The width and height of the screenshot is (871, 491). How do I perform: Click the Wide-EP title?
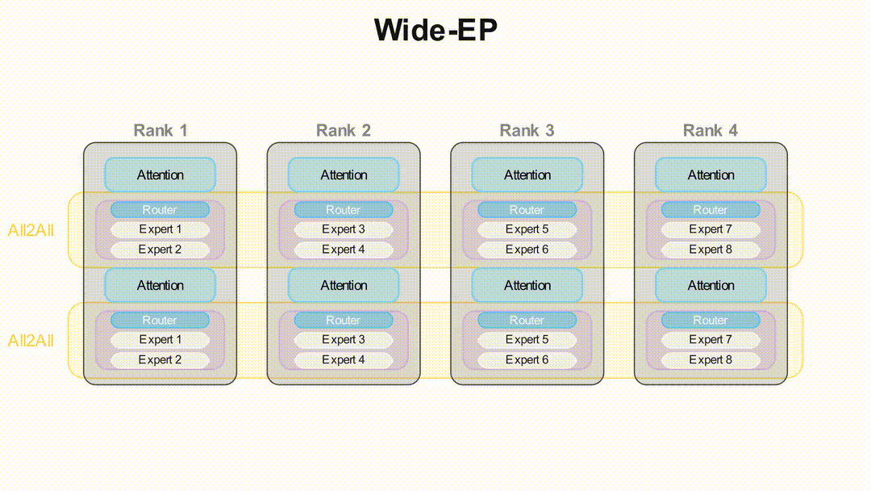pos(435,31)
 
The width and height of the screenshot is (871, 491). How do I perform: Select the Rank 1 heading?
pos(160,130)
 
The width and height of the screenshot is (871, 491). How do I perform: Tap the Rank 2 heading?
pos(344,130)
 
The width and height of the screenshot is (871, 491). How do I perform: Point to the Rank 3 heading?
pos(527,130)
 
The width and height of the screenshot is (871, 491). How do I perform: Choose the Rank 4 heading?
pos(711,130)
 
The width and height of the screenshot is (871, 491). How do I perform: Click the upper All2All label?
pos(31,230)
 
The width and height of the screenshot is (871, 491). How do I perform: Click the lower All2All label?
pos(31,340)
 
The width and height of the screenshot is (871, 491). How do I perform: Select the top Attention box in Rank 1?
pos(160,174)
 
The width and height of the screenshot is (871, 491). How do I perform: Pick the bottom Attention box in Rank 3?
pos(527,285)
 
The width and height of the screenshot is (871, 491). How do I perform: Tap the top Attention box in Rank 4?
pos(711,174)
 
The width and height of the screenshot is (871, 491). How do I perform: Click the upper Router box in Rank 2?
pos(344,210)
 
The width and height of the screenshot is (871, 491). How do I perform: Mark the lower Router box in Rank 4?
pos(711,321)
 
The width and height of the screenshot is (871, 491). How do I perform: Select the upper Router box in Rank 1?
pos(160,210)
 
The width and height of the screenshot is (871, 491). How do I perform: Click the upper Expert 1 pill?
pos(160,229)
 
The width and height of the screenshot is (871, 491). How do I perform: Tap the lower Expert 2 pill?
pos(160,360)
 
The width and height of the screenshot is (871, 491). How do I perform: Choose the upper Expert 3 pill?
pos(344,229)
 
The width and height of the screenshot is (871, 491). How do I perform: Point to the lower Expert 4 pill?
pos(344,360)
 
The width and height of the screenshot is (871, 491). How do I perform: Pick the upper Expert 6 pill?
pos(527,250)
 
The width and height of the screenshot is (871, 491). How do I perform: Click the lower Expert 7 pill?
pos(711,340)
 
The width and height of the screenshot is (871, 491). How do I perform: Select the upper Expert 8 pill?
pos(711,250)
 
